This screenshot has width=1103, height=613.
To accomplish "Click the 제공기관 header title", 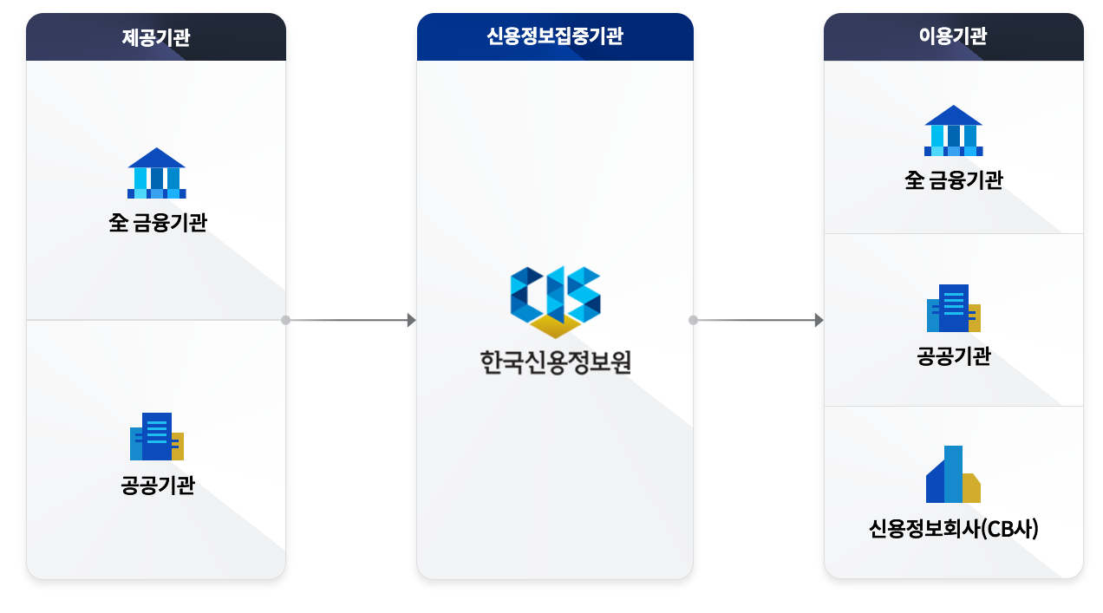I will [156, 37].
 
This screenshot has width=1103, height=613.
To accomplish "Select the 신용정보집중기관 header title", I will [555, 36].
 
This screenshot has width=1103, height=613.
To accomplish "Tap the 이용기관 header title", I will [953, 36].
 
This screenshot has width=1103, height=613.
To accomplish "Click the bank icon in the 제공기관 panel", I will [157, 173].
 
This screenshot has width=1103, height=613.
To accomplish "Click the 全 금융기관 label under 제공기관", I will [157, 224].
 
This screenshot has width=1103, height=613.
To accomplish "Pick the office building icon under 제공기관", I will [157, 436].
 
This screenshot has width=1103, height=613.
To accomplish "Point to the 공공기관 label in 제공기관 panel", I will [157, 486].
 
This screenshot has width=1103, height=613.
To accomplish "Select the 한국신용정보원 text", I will [555, 362].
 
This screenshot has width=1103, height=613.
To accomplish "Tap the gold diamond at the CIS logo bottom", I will [555, 326].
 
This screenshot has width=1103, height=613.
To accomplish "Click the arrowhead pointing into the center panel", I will [411, 320].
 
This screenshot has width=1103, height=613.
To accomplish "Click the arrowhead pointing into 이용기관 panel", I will [818, 320].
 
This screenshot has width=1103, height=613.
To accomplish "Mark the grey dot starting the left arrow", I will [285, 320].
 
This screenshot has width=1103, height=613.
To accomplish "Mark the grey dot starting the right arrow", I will [693, 320].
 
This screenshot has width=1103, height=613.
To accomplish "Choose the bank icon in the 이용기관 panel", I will [953, 131].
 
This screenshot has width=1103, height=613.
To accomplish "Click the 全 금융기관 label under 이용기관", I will [953, 181].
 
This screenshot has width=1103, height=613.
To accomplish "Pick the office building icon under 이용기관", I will [953, 308].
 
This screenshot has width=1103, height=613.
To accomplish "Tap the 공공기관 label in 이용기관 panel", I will [953, 356].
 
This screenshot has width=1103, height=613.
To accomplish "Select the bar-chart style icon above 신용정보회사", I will [953, 474].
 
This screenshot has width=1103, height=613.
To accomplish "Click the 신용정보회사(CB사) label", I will [953, 528].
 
